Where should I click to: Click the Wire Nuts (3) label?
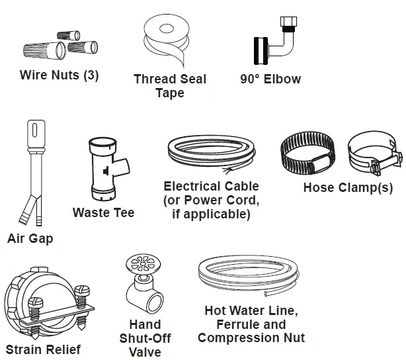click(59, 75)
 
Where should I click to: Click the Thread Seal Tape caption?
click(170, 86)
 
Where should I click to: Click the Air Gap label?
click(30, 238)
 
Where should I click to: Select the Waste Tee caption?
click(103, 212)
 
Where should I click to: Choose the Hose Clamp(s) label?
click(348, 187)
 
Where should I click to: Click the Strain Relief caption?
click(43, 349)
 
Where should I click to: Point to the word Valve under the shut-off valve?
click(145, 352)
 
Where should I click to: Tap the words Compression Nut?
click(251, 338)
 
